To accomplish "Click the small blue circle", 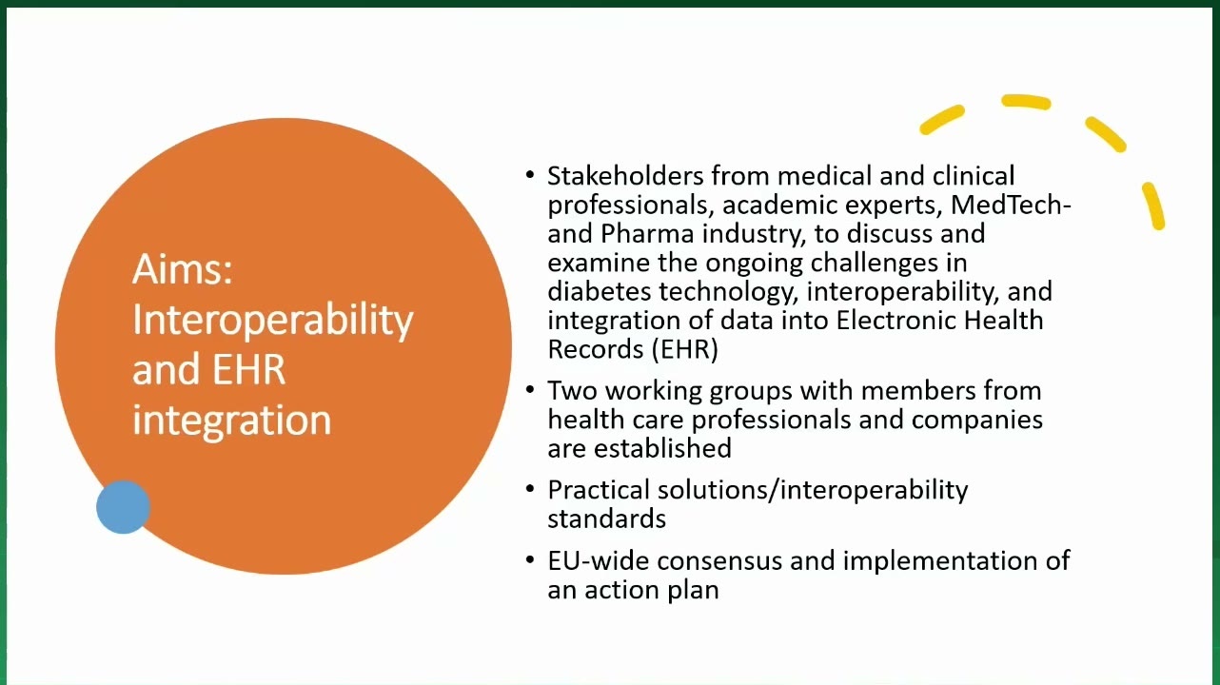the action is (123, 507).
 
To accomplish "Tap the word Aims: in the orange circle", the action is (183, 269).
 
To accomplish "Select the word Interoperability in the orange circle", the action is (273, 322).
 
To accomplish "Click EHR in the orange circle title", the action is (249, 370).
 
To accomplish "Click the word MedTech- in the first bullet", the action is (1011, 205).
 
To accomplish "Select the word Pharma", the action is (647, 234).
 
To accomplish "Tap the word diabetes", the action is (600, 291).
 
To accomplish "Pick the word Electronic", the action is (895, 321).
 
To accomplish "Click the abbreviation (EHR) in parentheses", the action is (684, 349).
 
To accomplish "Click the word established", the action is (662, 449).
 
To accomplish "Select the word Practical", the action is (599, 490).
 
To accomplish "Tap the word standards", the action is (607, 519).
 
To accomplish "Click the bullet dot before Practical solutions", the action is (530, 489).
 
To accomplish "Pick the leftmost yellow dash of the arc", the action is (942, 120).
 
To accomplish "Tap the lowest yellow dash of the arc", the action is (1153, 205).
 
